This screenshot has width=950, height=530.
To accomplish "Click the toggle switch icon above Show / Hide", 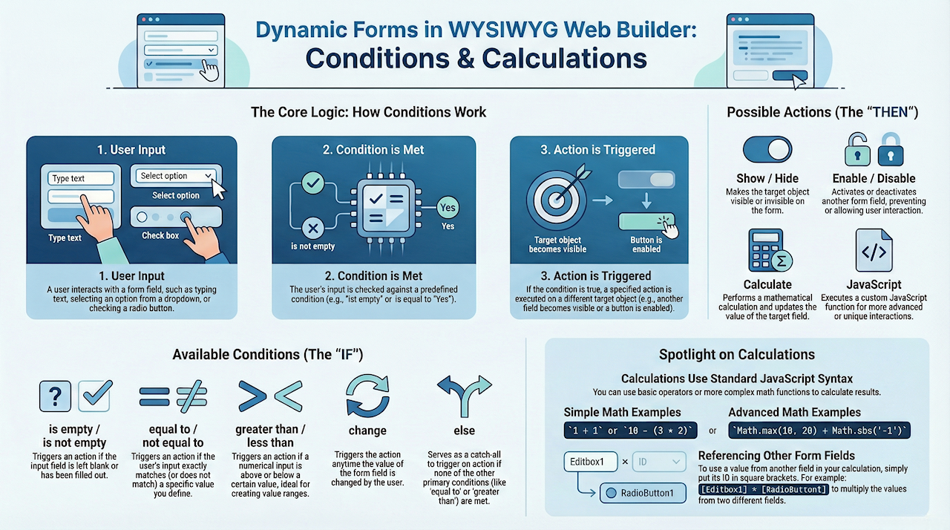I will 767,149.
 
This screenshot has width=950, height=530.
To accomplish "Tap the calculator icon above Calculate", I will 767,252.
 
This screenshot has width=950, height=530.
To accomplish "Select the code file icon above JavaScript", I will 874,252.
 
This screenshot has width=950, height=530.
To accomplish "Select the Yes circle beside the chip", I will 448,207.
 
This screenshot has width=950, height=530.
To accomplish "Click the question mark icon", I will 55,396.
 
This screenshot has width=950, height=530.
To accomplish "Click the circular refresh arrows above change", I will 367,397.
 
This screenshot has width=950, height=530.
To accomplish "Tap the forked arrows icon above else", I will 465,394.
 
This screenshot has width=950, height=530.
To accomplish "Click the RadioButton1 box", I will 643,493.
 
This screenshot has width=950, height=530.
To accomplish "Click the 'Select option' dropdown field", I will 175,176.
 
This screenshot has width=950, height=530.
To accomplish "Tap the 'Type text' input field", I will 81,178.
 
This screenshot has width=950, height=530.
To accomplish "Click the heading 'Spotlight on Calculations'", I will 736,355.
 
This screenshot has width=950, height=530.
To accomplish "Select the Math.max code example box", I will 821,431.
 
